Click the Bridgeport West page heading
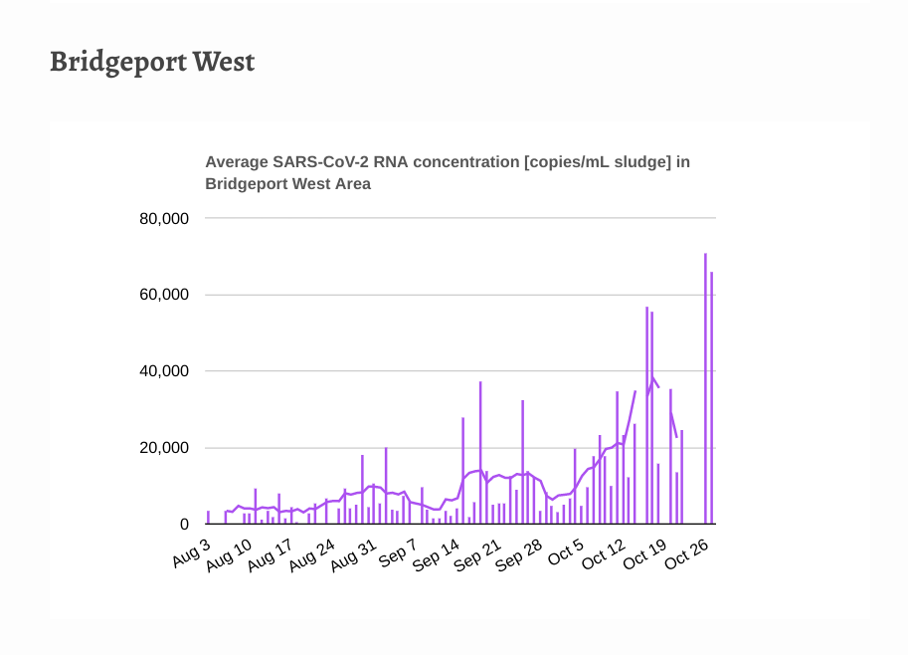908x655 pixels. click(152, 62)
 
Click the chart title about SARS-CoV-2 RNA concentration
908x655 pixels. click(447, 172)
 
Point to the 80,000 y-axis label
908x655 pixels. click(163, 219)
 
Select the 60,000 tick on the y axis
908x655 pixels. click(163, 296)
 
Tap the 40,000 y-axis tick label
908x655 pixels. click(163, 371)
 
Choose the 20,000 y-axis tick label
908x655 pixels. click(163, 448)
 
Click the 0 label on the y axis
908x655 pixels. click(184, 525)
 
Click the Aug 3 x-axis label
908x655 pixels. click(192, 553)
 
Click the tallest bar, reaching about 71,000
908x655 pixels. click(705, 388)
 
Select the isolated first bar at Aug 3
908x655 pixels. click(208, 517)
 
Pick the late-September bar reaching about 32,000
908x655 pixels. click(522, 462)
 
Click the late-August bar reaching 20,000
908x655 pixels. click(386, 486)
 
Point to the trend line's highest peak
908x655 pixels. click(652, 378)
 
